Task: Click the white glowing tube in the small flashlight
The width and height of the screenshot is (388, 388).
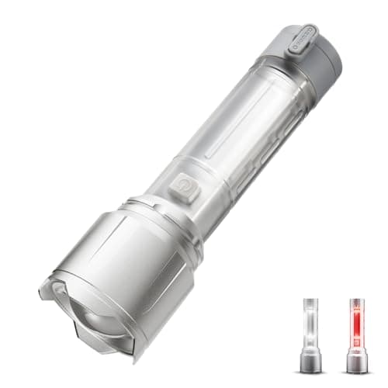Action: point(311,321)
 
